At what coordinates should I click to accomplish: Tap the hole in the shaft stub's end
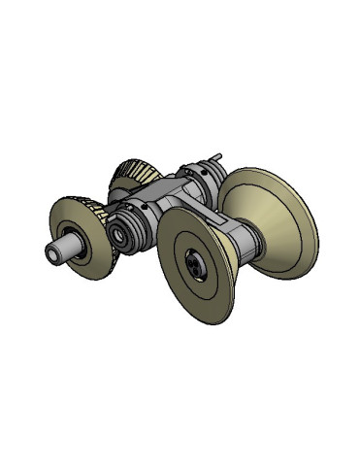point(50,254)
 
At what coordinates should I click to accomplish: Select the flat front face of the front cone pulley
point(184,282)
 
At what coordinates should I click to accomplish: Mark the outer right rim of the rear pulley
point(312,233)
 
